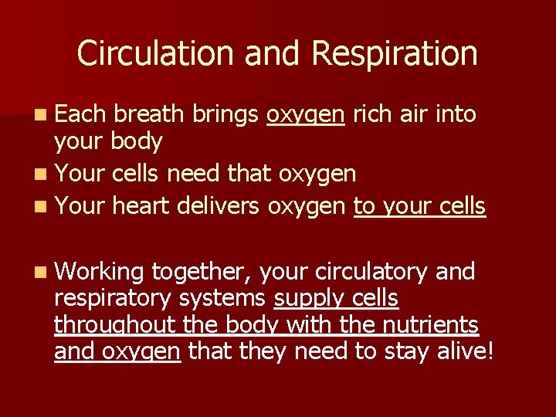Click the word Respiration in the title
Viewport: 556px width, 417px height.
click(x=395, y=53)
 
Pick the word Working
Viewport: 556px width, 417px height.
click(x=99, y=273)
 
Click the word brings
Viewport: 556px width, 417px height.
click(x=223, y=116)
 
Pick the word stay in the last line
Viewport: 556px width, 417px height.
click(x=416, y=353)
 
